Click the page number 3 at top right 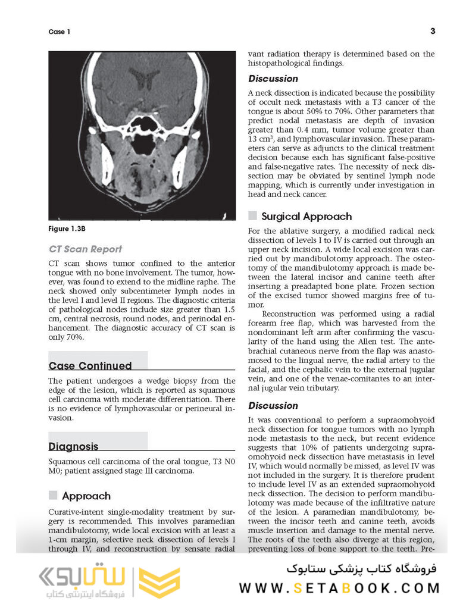point(432,31)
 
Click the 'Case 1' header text point(59,32)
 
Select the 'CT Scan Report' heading point(85,249)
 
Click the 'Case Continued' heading point(90,365)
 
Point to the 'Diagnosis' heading point(73,446)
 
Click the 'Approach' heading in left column point(86,496)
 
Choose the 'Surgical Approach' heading point(306,217)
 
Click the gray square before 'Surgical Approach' point(252,216)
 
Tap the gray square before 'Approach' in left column point(53,495)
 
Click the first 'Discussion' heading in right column point(273,79)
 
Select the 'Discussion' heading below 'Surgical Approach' point(273,405)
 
